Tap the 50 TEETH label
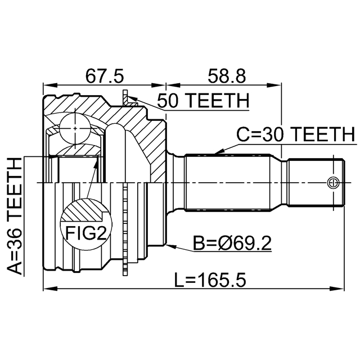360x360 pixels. [x=202, y=101]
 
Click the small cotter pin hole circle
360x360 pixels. [x=332, y=182]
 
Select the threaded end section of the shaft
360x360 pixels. [x=315, y=182]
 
